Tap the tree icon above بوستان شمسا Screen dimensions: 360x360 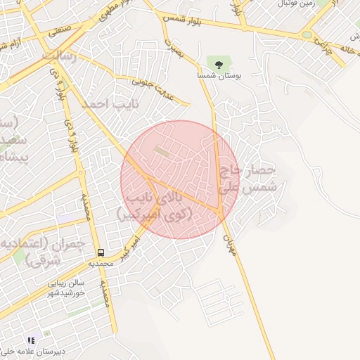(219, 64)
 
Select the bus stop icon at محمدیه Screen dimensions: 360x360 (101, 252)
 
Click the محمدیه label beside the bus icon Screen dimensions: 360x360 (101, 264)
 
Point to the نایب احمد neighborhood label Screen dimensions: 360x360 (105, 103)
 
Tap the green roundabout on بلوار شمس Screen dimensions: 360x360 (307, 35)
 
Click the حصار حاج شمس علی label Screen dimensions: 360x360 (250, 179)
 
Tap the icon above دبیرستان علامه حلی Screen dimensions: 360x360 (30, 340)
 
